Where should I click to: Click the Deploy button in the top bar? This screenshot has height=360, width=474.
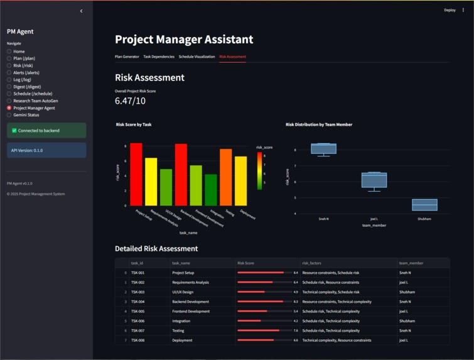click(450, 10)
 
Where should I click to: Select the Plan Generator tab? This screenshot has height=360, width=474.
click(127, 57)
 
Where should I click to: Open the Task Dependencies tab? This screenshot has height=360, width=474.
click(159, 57)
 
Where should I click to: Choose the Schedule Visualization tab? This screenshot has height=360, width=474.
click(197, 57)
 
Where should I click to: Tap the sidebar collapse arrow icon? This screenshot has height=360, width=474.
click(81, 11)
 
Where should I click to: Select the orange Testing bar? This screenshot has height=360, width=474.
click(225, 177)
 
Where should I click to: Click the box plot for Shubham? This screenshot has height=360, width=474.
click(424, 205)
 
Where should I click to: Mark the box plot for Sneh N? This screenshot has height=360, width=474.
click(323, 148)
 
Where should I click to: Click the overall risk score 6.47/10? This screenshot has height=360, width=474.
click(130, 101)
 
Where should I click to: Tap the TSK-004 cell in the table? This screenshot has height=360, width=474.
click(138, 302)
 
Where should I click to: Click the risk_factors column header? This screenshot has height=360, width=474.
click(313, 263)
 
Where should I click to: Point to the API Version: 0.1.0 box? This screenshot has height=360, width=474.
click(46, 150)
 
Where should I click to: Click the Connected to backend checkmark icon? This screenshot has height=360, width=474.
click(14, 131)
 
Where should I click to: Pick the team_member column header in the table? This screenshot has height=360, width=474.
click(411, 263)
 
